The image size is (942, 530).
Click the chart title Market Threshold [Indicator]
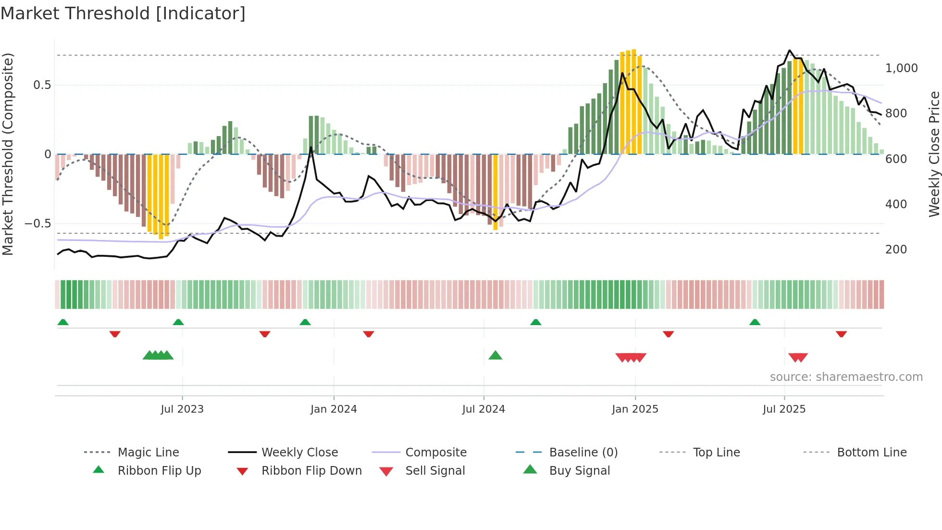tap(123, 13)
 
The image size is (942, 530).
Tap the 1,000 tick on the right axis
tap(901, 68)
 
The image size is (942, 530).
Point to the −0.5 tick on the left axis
tap(37, 224)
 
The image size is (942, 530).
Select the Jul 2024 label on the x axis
tap(483, 409)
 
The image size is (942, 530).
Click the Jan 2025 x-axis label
tap(635, 409)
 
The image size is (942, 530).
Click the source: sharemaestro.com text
tap(846, 377)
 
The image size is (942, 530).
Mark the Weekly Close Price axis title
tap(934, 154)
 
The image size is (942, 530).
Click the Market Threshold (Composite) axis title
tap(8, 154)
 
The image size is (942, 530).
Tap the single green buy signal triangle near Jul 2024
tap(495, 355)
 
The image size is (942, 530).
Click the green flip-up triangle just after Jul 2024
tap(535, 322)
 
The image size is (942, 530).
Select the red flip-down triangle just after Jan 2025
tap(668, 334)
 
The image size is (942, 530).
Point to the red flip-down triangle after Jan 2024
tap(368, 334)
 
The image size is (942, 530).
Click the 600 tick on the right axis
tap(896, 159)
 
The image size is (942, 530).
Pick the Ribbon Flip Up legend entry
tap(159, 471)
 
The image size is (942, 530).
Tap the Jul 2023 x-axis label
tap(182, 409)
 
